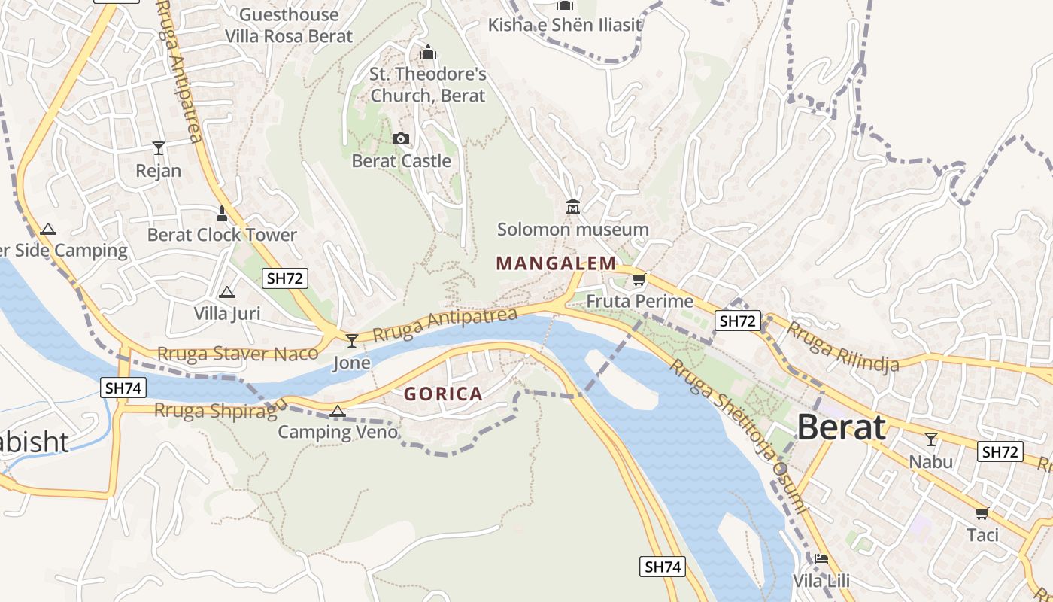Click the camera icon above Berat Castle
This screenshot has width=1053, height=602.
point(401,138)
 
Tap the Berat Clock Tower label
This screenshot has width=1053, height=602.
point(222,235)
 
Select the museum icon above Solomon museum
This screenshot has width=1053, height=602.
point(573,206)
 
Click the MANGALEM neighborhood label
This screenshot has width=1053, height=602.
point(556,263)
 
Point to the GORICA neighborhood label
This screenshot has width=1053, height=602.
point(443,394)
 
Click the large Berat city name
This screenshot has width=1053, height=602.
point(841,427)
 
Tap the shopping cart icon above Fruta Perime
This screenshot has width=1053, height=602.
point(639,280)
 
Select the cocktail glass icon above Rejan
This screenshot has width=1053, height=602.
point(159,147)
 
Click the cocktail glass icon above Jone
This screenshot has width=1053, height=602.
point(351,341)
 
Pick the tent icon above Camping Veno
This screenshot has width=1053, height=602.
point(337,411)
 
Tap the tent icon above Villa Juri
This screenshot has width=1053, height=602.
point(226,292)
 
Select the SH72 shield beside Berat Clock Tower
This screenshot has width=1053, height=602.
point(285,278)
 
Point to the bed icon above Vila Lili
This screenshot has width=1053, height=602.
point(821,559)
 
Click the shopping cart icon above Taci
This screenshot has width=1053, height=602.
point(982,513)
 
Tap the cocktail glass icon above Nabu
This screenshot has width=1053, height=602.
point(931,439)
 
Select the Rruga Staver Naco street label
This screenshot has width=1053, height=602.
point(237,354)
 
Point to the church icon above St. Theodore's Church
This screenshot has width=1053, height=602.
point(428,52)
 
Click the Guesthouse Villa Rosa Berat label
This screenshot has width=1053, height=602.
point(289,25)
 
